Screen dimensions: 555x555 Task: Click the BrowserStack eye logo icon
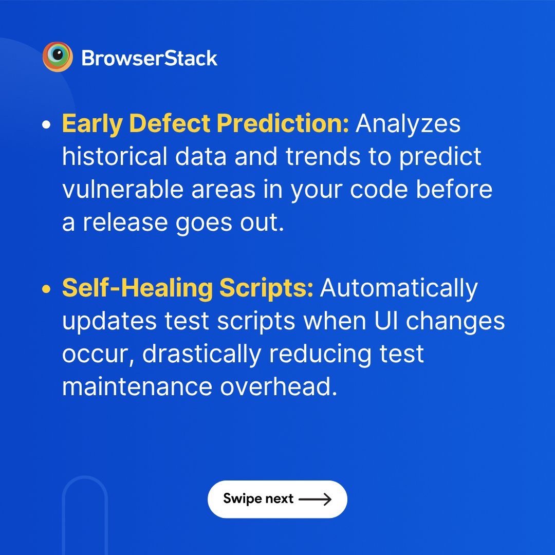(x=58, y=57)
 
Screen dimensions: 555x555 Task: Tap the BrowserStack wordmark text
(x=150, y=58)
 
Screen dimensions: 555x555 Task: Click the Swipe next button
(x=277, y=499)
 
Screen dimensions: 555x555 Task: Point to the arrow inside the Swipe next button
(x=315, y=499)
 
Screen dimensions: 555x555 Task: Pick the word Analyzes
(x=408, y=125)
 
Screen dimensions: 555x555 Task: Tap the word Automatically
(x=399, y=289)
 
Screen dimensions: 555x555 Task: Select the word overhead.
(x=279, y=387)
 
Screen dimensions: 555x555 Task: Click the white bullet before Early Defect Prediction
(x=47, y=125)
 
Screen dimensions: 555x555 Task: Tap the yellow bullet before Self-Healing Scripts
(x=47, y=290)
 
